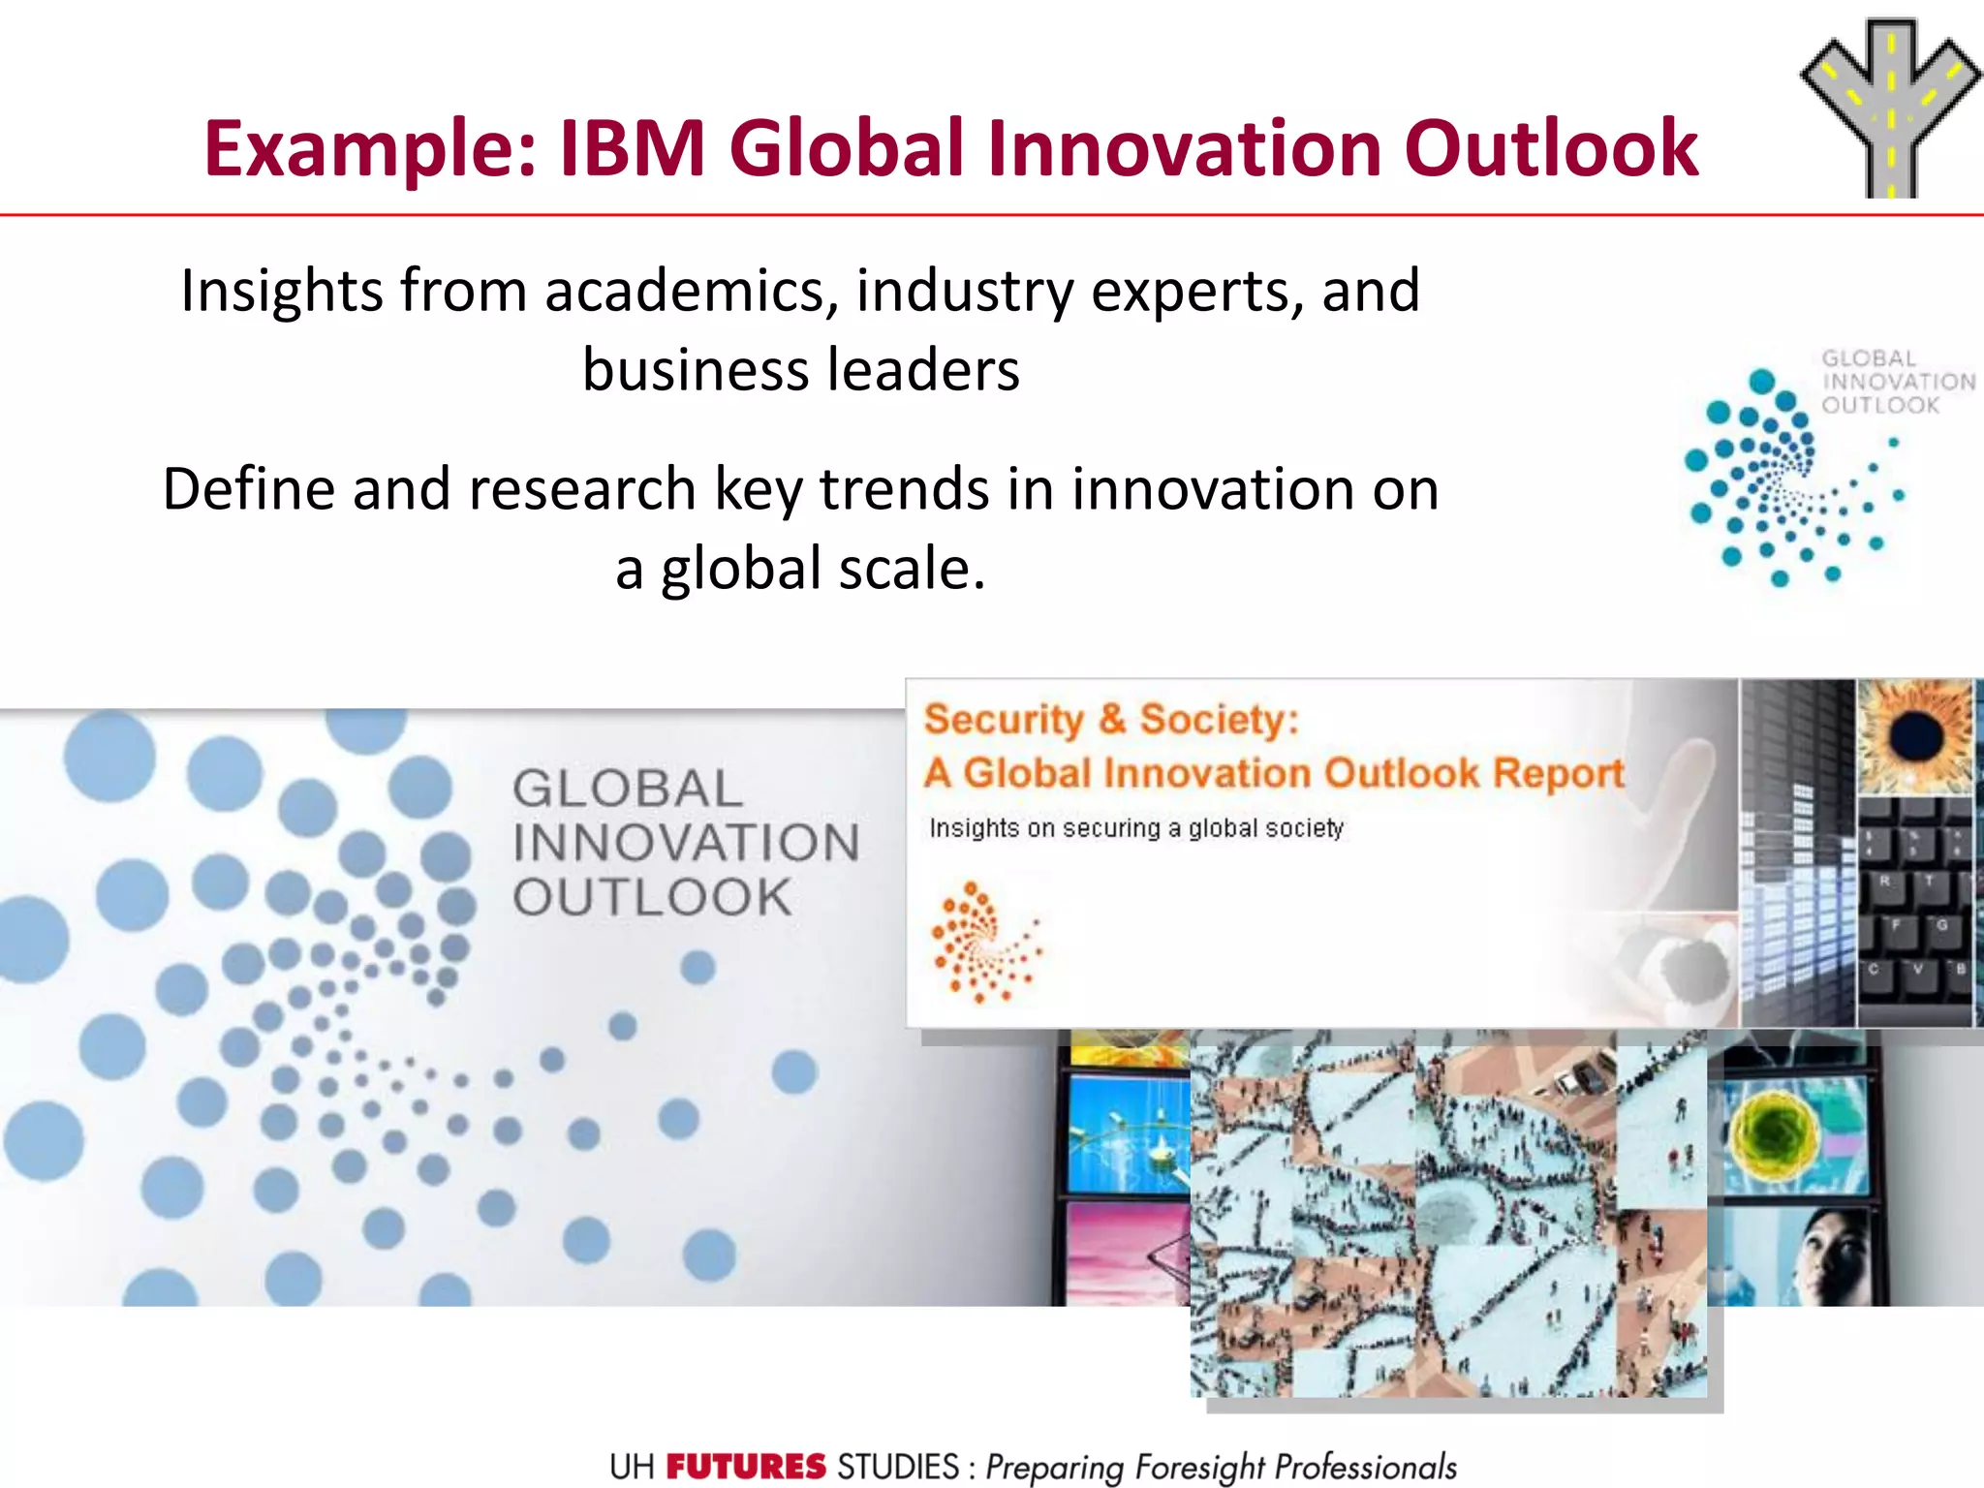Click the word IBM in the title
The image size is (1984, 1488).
pos(632,148)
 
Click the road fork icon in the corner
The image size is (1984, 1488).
pos(1889,107)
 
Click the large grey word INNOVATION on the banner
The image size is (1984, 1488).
pos(686,842)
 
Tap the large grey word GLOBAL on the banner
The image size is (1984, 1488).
pos(628,788)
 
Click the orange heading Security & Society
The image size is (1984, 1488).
pos(1110,720)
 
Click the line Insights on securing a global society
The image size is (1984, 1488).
pos(1135,828)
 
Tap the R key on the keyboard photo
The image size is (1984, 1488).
pos(1885,883)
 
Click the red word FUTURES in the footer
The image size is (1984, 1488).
pos(745,1467)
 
